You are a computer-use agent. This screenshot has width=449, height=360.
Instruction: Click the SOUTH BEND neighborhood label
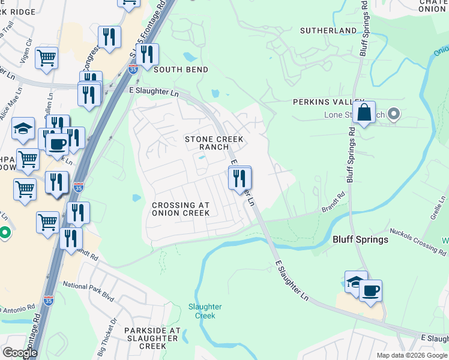181,70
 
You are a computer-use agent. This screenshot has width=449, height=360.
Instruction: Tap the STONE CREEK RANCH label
214,143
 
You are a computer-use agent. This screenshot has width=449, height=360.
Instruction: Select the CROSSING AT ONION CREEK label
181,209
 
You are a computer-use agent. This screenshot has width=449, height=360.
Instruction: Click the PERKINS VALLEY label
328,103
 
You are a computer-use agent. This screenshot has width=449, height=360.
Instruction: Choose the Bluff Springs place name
360,239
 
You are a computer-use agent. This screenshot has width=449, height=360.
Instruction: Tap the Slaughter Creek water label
205,311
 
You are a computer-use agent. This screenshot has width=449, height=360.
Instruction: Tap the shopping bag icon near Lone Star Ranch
364,112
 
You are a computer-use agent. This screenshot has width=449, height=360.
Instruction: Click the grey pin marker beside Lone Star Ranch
394,113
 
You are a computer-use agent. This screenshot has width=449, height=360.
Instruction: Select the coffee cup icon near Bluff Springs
370,290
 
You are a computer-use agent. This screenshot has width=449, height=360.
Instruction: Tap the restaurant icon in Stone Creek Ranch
240,178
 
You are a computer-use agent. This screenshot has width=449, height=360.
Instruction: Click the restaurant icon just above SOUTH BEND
147,55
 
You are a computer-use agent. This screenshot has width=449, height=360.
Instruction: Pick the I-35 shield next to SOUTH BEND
133,70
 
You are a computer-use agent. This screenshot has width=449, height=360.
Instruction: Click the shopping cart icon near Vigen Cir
46,59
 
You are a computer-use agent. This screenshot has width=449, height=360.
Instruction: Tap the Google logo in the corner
20,353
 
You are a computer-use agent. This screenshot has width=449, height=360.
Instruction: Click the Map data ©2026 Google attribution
411,355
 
